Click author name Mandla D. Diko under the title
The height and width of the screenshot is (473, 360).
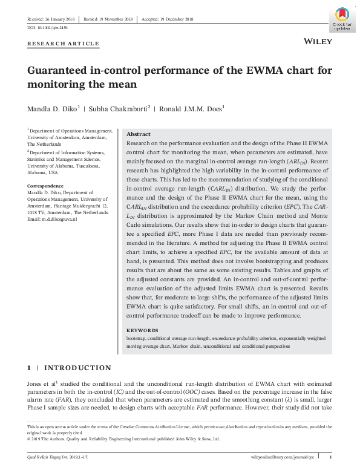point(53,109)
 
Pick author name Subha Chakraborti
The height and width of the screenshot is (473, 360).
point(120,109)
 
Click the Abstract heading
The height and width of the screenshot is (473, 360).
point(139,134)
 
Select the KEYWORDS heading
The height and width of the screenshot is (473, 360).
point(142,330)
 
